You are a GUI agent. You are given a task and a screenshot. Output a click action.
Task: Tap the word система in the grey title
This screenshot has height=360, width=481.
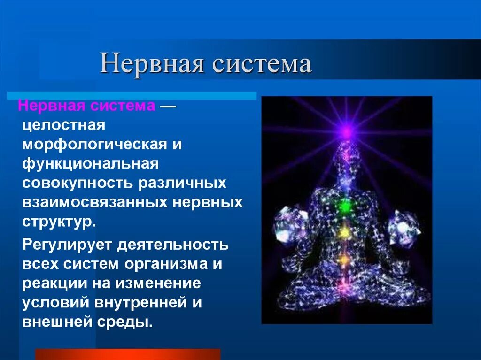pyautogui.click(x=262, y=64)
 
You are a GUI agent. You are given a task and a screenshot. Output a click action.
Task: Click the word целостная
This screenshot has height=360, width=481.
pyautogui.click(x=63, y=125)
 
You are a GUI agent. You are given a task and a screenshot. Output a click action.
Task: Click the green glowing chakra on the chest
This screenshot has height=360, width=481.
pyautogui.click(x=346, y=205)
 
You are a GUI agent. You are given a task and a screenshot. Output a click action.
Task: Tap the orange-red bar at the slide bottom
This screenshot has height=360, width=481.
pyautogui.click(x=127, y=354)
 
